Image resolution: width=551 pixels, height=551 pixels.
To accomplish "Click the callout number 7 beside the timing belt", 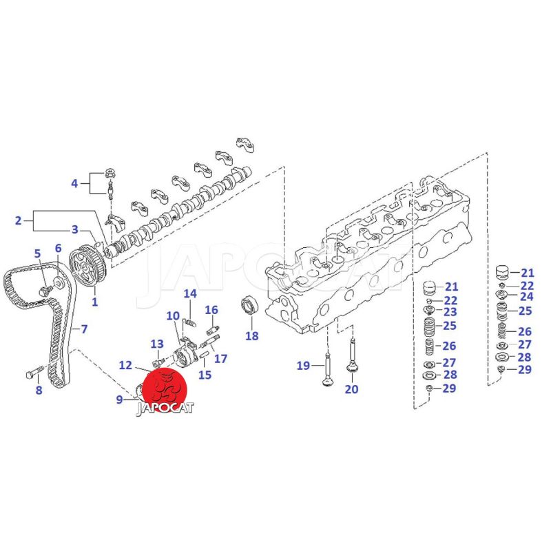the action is (x=84, y=329).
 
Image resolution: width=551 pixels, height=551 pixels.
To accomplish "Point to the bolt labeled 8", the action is (x=34, y=372).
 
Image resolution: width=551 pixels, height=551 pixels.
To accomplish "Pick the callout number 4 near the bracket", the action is (x=74, y=183).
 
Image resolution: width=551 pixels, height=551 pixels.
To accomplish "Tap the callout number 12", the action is (x=125, y=365).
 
